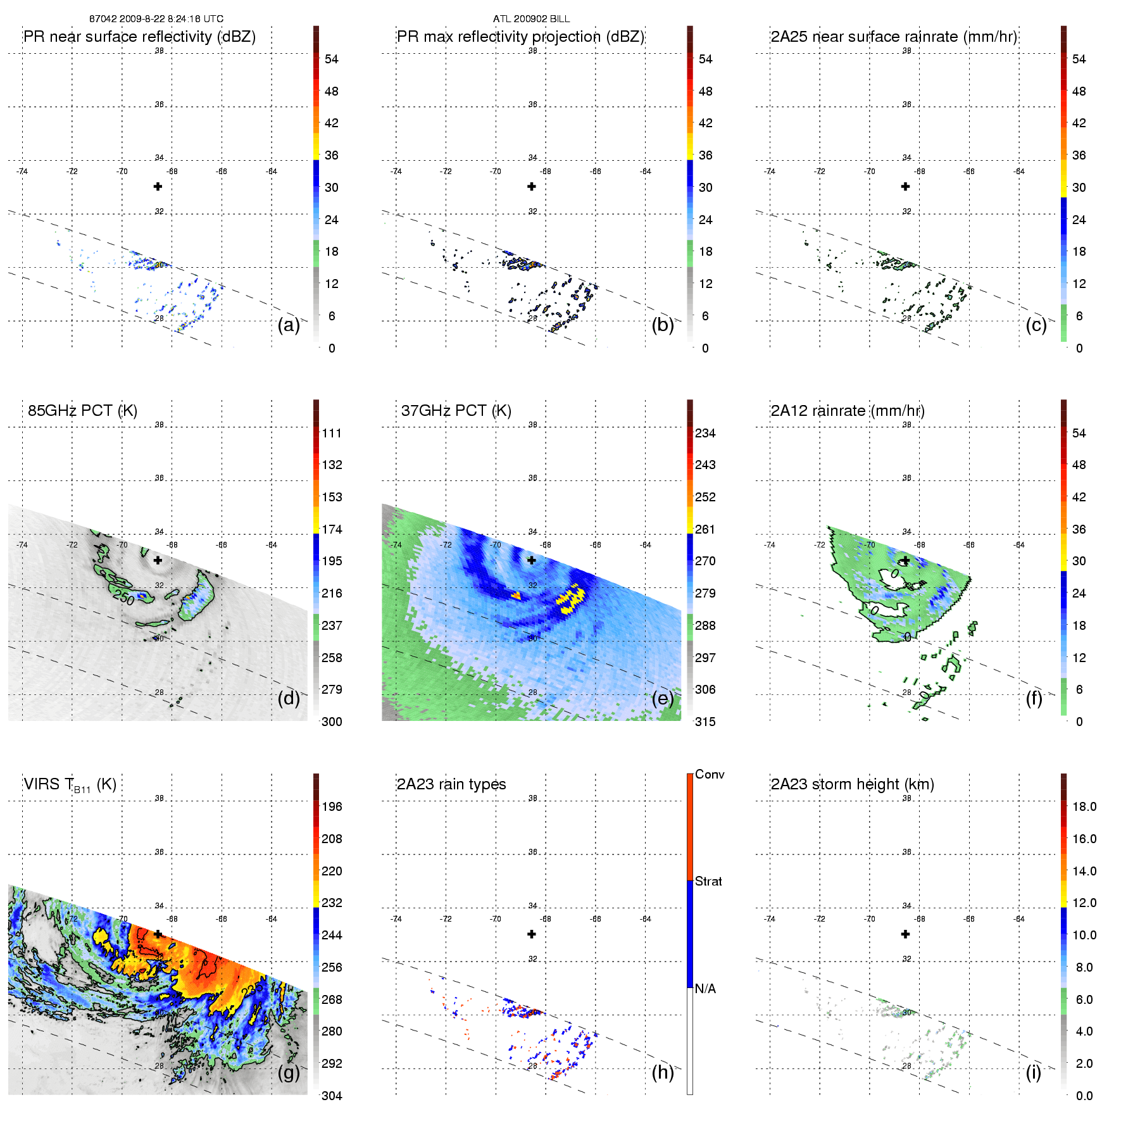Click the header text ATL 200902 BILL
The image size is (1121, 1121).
[x=531, y=19]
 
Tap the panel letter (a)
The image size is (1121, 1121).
[x=289, y=325]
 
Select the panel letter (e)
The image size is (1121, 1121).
[x=663, y=699]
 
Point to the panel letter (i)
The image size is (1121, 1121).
[x=1034, y=1072]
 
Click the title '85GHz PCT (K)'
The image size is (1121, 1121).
[x=82, y=411]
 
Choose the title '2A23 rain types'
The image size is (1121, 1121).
[x=451, y=784]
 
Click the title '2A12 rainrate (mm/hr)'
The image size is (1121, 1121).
[x=848, y=411]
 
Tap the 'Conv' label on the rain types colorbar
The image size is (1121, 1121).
[x=710, y=774]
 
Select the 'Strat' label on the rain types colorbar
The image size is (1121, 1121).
[x=708, y=881]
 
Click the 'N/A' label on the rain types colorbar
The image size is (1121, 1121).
[x=705, y=989]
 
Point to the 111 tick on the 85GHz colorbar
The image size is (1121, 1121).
[x=332, y=433]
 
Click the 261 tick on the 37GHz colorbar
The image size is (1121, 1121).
[x=705, y=529]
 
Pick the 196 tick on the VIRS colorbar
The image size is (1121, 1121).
[x=332, y=806]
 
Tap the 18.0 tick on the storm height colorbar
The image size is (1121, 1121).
[x=1084, y=806]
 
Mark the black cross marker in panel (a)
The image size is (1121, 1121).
[x=158, y=187]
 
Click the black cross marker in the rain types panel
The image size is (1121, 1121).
[x=532, y=934]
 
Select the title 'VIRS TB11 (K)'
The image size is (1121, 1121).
[x=70, y=785]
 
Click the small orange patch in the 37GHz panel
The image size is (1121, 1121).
[x=517, y=596]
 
